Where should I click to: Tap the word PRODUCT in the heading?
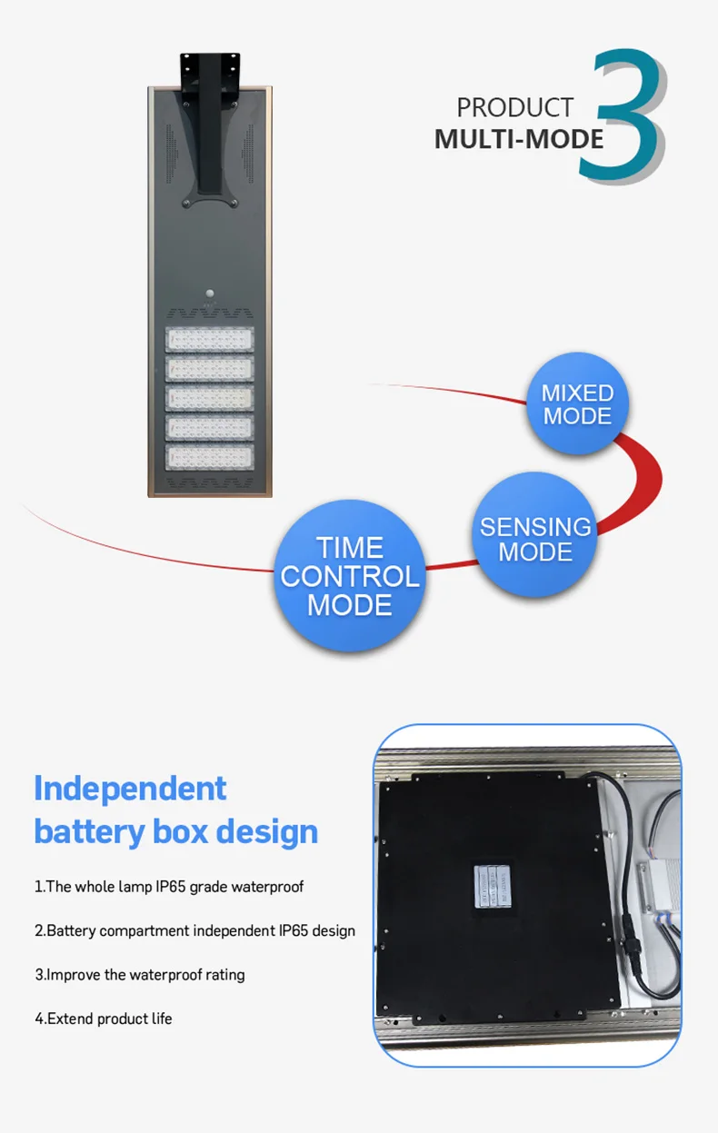(x=514, y=107)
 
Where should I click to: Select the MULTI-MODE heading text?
(x=519, y=139)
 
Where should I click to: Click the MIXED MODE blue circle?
(x=577, y=404)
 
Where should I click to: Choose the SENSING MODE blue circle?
(x=535, y=539)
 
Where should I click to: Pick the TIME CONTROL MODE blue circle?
(x=350, y=576)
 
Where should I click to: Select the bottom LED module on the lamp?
(x=209, y=456)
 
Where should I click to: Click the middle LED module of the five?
(x=209, y=398)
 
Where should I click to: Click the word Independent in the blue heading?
(x=130, y=788)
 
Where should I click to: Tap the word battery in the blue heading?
(x=82, y=831)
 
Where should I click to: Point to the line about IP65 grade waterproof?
(x=169, y=886)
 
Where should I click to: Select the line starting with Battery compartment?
(x=194, y=930)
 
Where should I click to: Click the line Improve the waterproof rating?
(x=140, y=974)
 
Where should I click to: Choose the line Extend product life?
(x=104, y=1019)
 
